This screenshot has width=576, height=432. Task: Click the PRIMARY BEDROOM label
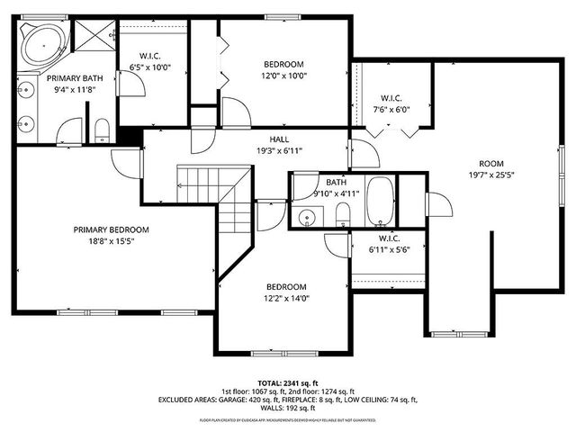(x=112, y=229)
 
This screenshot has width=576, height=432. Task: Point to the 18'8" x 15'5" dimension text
(x=112, y=241)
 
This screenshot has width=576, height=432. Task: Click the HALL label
(x=278, y=139)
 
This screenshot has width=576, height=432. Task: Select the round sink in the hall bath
(x=310, y=216)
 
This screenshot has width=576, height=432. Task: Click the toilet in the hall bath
(x=342, y=214)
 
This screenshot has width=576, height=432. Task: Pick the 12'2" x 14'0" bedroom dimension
(x=286, y=299)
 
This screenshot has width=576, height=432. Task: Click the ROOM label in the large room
(x=490, y=164)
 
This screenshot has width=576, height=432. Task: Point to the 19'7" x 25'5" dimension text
(x=490, y=175)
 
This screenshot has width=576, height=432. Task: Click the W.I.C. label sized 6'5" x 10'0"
(x=149, y=55)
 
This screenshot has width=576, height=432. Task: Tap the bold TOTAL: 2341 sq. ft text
(x=288, y=382)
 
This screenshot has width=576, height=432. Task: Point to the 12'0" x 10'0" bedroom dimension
(x=283, y=76)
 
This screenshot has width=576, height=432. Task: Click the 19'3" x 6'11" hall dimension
(x=278, y=150)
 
